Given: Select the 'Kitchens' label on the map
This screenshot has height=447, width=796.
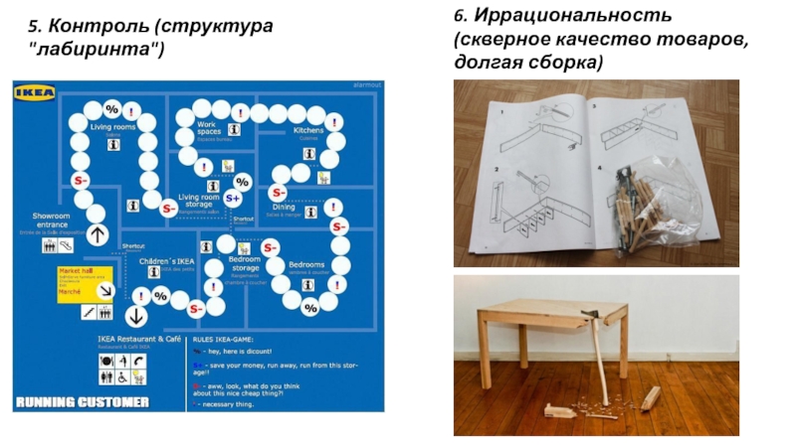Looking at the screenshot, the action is coord(308,130).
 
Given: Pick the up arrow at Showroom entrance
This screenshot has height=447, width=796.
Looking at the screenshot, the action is coord(98,234).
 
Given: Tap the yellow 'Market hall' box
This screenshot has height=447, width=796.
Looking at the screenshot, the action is coord(83,279).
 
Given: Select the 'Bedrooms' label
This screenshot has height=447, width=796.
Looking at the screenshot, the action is coord(304,264).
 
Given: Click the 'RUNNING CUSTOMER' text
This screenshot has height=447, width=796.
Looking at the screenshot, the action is coord(82,402).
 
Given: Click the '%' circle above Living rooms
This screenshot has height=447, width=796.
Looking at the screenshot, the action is coord(112,108).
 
